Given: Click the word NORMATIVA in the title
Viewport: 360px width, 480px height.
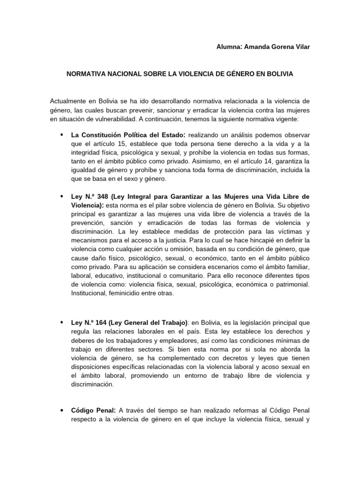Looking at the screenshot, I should pos(86,75).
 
